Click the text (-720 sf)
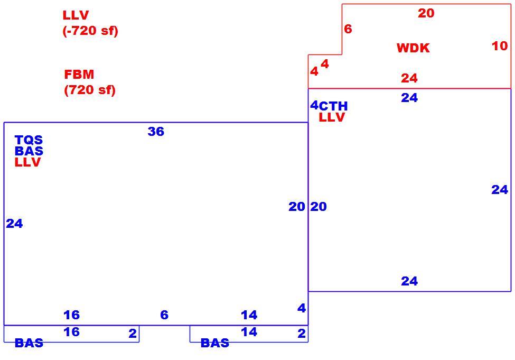[x=90, y=31]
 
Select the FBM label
[x=79, y=75]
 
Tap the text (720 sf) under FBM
[x=90, y=90]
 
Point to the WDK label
[x=413, y=48]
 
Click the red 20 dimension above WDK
[x=426, y=13]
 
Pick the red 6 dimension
[x=348, y=29]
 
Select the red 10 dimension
[x=500, y=46]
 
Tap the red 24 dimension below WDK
[x=409, y=78]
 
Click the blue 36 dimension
[x=156, y=132]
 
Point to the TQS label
[x=29, y=140]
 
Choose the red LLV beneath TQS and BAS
[x=27, y=162]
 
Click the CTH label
[x=333, y=106]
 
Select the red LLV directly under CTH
[x=332, y=117]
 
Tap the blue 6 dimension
[x=164, y=315]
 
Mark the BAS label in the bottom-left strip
[x=29, y=343]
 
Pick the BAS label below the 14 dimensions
[x=215, y=343]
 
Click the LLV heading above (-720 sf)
[x=76, y=15]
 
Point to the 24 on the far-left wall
[x=14, y=224]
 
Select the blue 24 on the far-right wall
[x=500, y=190]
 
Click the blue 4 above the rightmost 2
[x=302, y=308]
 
